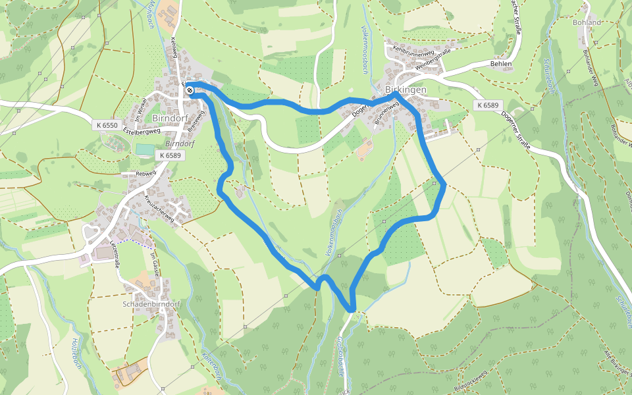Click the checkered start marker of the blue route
190,90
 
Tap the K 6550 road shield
107,125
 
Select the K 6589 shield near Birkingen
488,105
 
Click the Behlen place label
501,64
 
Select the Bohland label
587,22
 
